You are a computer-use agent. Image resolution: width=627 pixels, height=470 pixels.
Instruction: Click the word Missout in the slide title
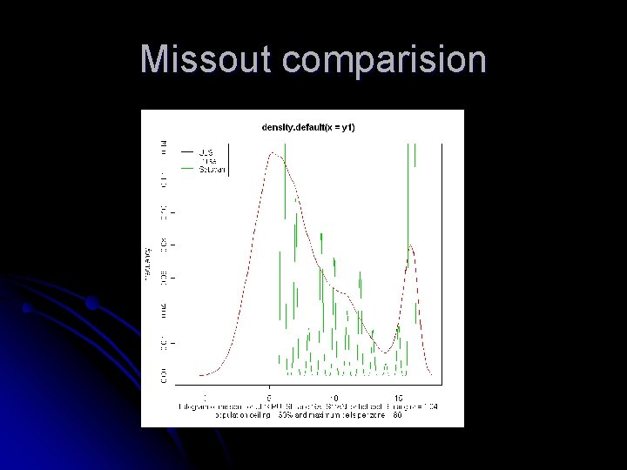[x=206, y=60]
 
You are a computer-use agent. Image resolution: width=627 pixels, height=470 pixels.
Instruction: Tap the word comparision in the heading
[x=384, y=60]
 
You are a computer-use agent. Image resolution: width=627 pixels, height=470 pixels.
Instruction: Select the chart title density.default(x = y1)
[x=307, y=127]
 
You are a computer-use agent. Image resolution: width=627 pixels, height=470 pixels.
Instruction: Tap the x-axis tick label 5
[x=269, y=398]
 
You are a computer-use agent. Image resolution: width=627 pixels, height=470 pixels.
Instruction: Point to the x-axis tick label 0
[x=206, y=398]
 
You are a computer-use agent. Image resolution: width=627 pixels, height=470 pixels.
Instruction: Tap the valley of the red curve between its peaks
[x=383, y=352]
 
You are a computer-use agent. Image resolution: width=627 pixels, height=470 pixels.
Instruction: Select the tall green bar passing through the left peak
[x=284, y=183]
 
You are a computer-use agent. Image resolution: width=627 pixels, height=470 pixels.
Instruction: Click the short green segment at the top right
[x=415, y=154]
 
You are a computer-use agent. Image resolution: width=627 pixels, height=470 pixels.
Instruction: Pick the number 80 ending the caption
[x=396, y=416]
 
